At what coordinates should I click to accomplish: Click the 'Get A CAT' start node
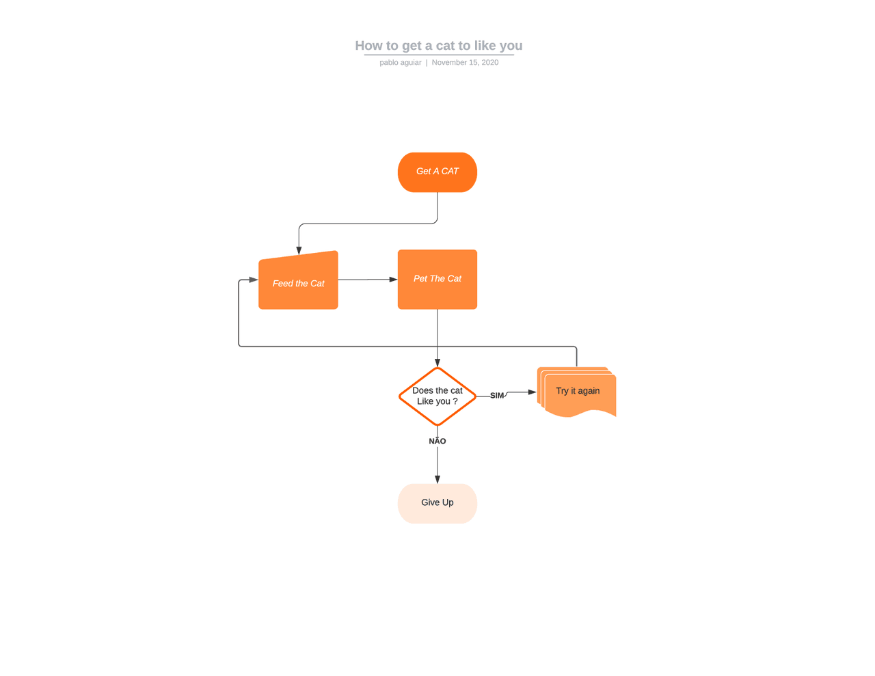coord(437,172)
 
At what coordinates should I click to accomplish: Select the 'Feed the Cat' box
coord(298,282)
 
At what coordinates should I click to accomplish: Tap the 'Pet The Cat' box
coord(437,279)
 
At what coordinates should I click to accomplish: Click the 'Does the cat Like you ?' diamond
coord(437,396)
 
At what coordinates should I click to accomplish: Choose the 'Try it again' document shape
coord(578,392)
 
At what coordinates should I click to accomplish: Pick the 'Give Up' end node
coord(437,503)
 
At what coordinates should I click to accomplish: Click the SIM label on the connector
coord(497,396)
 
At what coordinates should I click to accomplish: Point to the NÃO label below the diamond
coord(437,442)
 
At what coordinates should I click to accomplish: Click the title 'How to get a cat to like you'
coord(438,46)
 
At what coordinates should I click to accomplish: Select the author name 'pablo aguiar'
coord(401,62)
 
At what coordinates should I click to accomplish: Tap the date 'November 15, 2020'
coord(465,62)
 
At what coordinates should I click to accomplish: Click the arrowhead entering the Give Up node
coord(437,479)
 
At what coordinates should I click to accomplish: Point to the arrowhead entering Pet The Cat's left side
coord(393,279)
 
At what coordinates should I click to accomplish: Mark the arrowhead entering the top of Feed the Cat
coord(299,250)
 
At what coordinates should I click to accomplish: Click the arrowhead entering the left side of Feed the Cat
coord(254,280)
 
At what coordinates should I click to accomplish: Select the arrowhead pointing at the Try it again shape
coord(532,392)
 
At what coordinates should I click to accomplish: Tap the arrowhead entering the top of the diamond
coord(437,363)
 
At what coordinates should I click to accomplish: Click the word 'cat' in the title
coord(445,46)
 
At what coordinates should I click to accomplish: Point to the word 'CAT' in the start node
coord(449,172)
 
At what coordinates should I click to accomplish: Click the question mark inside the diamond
coord(455,401)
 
